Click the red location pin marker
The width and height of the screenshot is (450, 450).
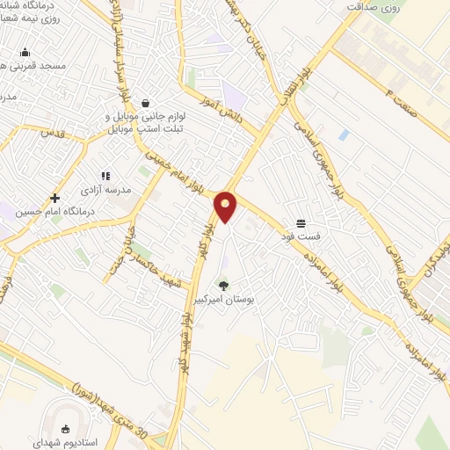226,207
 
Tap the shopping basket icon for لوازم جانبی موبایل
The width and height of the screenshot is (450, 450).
145,103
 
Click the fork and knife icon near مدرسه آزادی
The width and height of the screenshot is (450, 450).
105,176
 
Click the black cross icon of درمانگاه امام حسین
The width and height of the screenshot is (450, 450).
54,198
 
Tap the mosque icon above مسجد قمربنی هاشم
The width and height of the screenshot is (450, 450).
24,52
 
